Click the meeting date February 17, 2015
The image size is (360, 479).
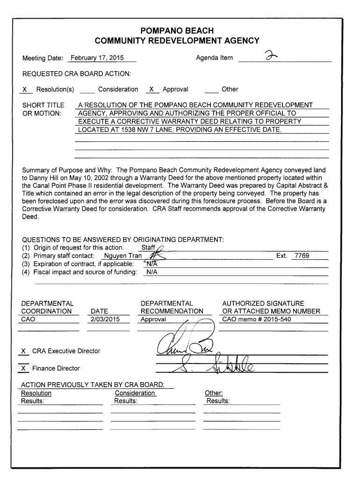click(96, 58)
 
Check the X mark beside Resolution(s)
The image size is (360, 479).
click(25, 89)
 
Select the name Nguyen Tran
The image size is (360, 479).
click(123, 256)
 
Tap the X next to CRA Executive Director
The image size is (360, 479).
click(23, 351)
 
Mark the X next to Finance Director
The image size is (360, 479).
click(23, 369)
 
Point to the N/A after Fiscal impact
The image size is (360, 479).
click(151, 272)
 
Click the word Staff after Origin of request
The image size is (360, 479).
click(148, 247)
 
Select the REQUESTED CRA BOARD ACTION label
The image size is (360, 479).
click(77, 74)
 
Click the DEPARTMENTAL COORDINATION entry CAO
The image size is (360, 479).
click(29, 320)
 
